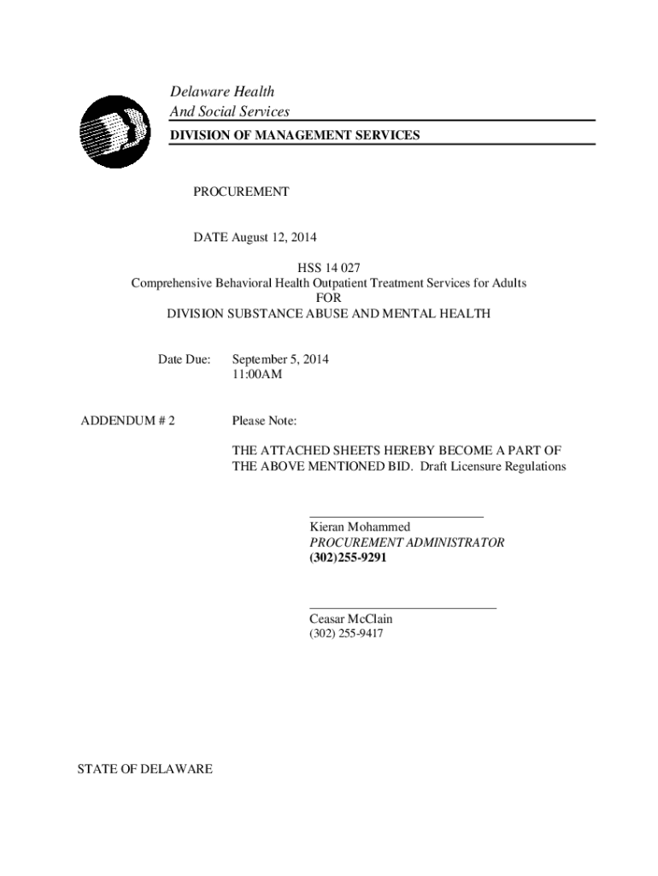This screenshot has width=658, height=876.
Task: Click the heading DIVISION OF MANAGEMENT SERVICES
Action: pyautogui.click(x=295, y=135)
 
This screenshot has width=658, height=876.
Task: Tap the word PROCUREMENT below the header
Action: pyautogui.click(x=241, y=192)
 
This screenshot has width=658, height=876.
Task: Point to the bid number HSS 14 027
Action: pyautogui.click(x=328, y=268)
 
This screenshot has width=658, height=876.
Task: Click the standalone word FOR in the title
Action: pyautogui.click(x=328, y=298)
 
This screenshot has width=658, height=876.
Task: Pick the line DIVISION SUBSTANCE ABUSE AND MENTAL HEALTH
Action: pyautogui.click(x=328, y=314)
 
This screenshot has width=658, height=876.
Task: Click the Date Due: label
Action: pyautogui.click(x=184, y=359)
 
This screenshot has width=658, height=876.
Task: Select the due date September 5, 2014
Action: pyautogui.click(x=280, y=359)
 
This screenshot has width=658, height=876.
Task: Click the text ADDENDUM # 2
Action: pyautogui.click(x=127, y=421)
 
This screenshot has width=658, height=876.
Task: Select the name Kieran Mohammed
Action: pyautogui.click(x=360, y=528)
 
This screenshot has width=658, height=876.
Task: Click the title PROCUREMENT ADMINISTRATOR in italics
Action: pyautogui.click(x=407, y=542)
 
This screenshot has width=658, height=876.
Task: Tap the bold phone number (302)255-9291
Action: pyautogui.click(x=348, y=558)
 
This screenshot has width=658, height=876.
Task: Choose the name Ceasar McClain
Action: pyautogui.click(x=351, y=619)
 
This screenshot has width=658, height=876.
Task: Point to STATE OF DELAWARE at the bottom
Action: pyautogui.click(x=145, y=770)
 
